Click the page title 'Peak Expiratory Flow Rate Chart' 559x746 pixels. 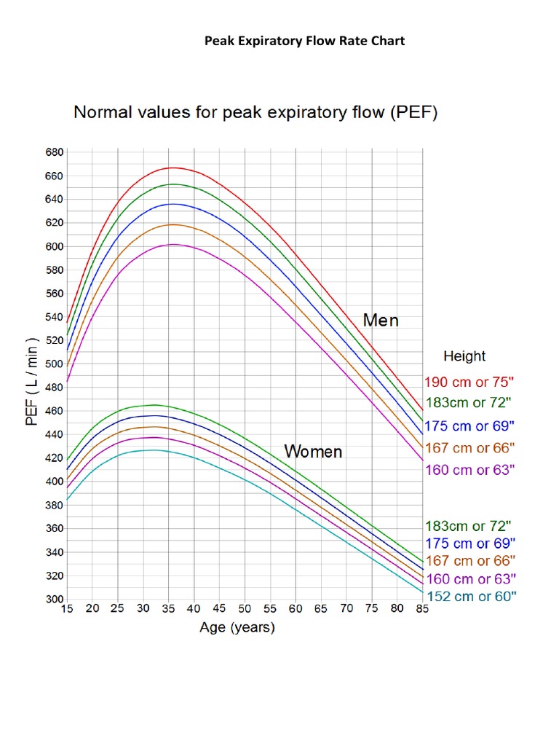(304, 41)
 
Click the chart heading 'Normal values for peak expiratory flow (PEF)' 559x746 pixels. (254, 114)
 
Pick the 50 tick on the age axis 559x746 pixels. (245, 609)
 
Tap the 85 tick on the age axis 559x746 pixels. (422, 609)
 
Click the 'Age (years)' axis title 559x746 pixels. (237, 628)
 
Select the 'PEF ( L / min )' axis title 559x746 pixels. (33, 382)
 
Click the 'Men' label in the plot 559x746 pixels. (381, 321)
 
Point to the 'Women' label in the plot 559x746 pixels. (313, 452)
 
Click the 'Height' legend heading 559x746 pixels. (464, 356)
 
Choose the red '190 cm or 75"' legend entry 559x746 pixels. (469, 382)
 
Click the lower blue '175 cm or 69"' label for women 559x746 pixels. (469, 543)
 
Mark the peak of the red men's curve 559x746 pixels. (172, 168)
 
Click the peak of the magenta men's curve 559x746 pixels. (173, 244)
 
